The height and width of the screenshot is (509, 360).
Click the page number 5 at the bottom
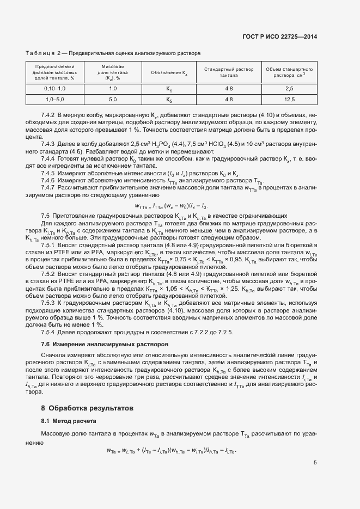(x=315, y=463)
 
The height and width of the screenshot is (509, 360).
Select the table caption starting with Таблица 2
(x=113, y=53)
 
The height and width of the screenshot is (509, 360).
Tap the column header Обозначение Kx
(x=169, y=72)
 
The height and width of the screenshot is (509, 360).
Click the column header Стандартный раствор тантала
(x=229, y=72)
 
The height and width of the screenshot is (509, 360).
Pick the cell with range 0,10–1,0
(x=54, y=88)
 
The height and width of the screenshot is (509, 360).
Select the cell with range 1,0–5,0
(x=54, y=99)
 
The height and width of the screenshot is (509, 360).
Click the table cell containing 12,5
(x=289, y=99)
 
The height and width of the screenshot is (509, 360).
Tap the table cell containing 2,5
(x=289, y=88)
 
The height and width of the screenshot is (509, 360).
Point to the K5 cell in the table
(x=169, y=100)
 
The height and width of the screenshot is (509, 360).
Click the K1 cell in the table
(x=169, y=89)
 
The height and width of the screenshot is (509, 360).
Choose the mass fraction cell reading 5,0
(x=113, y=99)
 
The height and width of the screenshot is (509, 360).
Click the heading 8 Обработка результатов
(x=87, y=407)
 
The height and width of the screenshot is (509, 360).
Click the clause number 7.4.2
(x=48, y=116)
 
